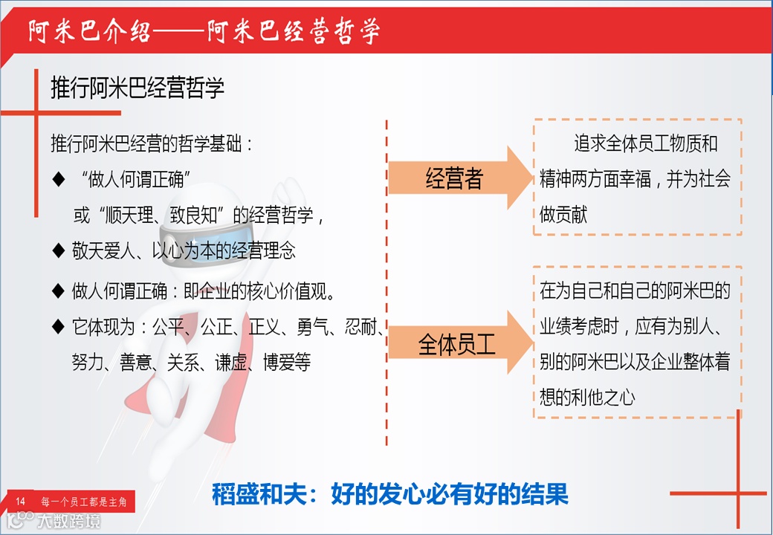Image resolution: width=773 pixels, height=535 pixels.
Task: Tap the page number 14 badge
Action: tap(21, 502)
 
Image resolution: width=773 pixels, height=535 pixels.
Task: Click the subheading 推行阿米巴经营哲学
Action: tap(138, 88)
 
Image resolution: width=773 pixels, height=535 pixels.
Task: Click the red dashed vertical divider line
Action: tap(386, 282)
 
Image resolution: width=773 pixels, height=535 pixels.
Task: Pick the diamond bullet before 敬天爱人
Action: tap(59, 250)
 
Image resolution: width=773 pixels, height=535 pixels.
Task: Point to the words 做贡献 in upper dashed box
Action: tap(564, 215)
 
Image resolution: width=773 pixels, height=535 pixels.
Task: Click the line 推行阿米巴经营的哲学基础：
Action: tap(152, 143)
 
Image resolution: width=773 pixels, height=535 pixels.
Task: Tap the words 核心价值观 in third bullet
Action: tap(291, 289)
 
